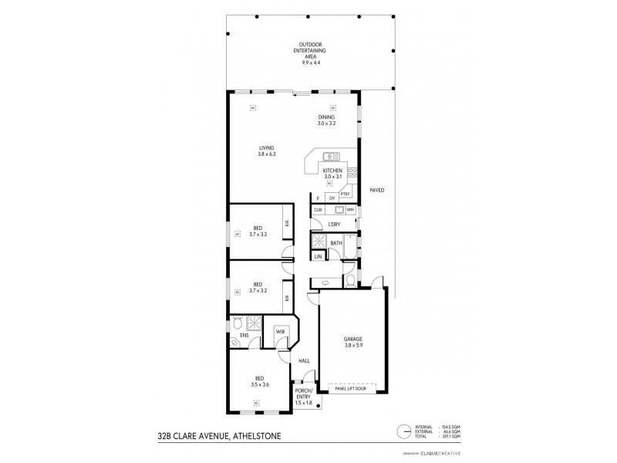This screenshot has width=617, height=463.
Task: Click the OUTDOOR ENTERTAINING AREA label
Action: coord(311,52)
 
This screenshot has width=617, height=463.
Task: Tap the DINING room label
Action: coord(326,120)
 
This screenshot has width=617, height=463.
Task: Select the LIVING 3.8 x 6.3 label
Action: coord(266,151)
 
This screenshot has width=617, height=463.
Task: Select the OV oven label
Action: coord(332,198)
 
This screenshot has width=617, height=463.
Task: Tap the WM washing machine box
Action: coord(349,209)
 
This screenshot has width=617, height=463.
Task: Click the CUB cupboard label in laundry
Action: coord(318,209)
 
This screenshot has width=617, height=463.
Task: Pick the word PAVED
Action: coord(376,190)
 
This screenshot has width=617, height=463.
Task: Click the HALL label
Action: coord(305,360)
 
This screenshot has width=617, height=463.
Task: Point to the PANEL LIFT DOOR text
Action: coord(351,388)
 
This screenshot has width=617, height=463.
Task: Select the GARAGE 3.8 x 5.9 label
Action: coord(352,342)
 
